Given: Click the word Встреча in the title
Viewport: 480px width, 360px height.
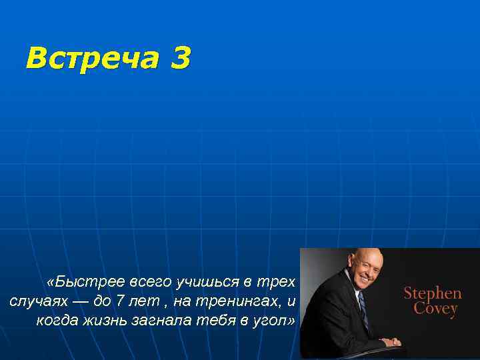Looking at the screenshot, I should tap(91, 59).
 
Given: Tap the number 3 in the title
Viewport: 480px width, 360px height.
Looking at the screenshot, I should tap(180, 59).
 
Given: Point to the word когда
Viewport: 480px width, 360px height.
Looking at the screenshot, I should tap(57, 321).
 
